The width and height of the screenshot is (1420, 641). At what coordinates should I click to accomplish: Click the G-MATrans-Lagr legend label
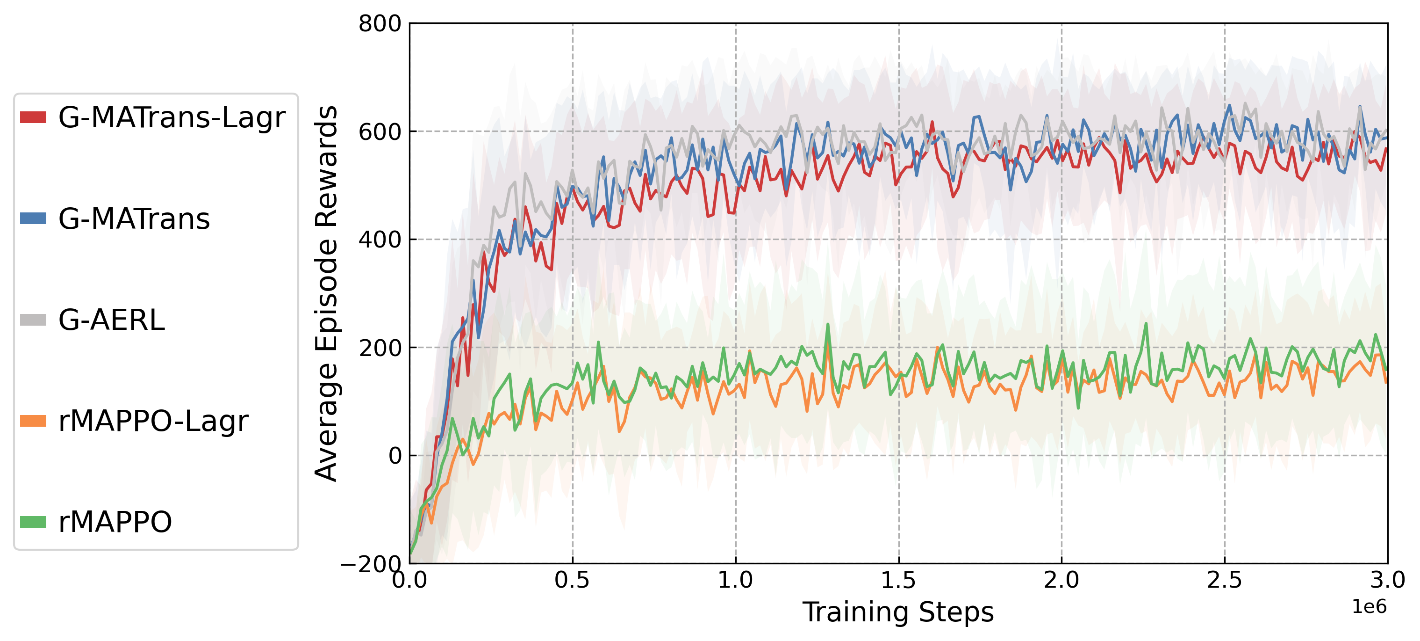(172, 117)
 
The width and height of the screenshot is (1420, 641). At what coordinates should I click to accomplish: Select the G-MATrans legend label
(134, 219)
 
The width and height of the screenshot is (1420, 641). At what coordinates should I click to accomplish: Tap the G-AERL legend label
(111, 320)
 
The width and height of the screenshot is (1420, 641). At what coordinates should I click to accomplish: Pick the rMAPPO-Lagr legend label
(153, 422)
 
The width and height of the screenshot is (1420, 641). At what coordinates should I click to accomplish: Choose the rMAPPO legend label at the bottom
(115, 522)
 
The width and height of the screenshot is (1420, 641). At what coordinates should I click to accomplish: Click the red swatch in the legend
(33, 117)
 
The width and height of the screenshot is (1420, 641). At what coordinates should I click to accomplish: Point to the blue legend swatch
(33, 219)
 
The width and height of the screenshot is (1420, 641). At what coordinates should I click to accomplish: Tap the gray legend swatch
(33, 320)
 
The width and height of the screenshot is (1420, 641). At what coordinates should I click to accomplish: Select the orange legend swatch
(33, 421)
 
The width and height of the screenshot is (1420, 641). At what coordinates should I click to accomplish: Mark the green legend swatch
(33, 522)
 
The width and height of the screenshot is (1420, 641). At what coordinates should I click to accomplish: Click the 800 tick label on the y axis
(380, 24)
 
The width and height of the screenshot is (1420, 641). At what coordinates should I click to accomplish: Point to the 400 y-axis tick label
(380, 240)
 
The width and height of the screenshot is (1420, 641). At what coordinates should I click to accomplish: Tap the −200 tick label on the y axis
(371, 564)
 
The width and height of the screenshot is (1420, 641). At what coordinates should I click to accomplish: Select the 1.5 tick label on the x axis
(898, 580)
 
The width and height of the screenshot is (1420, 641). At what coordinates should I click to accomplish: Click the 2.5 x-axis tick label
(1225, 580)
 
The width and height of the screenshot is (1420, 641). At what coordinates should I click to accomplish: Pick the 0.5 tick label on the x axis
(572, 580)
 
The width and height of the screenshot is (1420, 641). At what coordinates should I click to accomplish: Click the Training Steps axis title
(898, 612)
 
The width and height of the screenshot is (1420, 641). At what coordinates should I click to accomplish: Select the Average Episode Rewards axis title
(326, 293)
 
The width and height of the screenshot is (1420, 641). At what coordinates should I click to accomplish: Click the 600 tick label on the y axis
(380, 132)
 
